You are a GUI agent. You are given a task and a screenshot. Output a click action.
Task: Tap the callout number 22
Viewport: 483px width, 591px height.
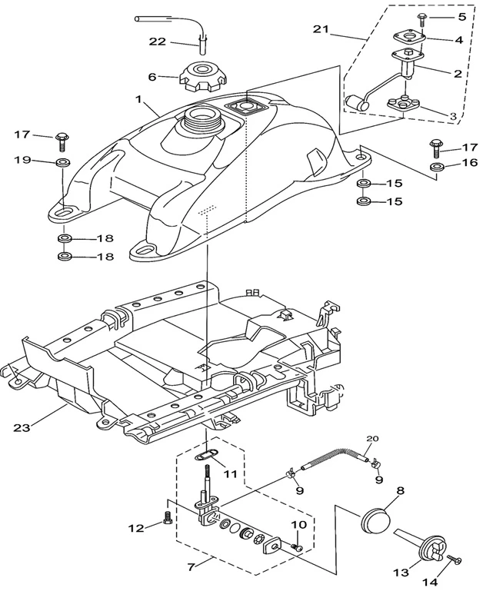pos(158,42)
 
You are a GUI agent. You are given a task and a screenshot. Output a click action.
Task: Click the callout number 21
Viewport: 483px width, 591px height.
pos(322,29)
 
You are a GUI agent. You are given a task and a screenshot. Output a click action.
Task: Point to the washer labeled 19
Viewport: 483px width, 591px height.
pos(62,163)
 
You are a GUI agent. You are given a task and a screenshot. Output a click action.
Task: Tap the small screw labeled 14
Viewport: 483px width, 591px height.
pos(453,561)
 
